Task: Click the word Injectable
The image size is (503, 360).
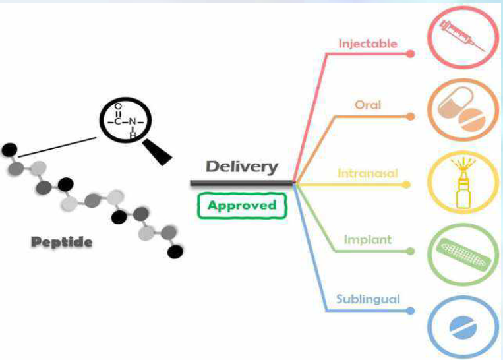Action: pyautogui.click(x=368, y=44)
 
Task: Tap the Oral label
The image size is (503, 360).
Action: pyautogui.click(x=368, y=104)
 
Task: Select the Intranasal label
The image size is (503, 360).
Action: pyautogui.click(x=368, y=174)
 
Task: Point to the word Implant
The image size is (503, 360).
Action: pyautogui.click(x=368, y=240)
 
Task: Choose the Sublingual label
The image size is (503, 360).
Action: pyautogui.click(x=368, y=299)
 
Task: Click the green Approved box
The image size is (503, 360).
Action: pyautogui.click(x=242, y=205)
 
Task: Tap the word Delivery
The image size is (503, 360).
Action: pyautogui.click(x=242, y=167)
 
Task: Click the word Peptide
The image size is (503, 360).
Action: pyautogui.click(x=61, y=242)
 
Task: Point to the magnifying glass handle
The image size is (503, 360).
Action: pyautogui.click(x=158, y=151)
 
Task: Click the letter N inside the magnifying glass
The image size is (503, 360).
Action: pyautogui.click(x=132, y=121)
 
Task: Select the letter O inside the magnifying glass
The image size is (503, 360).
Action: pyautogui.click(x=118, y=107)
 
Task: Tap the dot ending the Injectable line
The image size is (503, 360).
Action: pyautogui.click(x=411, y=53)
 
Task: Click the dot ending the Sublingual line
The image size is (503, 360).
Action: pyautogui.click(x=411, y=310)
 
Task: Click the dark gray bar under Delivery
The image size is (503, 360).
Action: pyautogui.click(x=242, y=182)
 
